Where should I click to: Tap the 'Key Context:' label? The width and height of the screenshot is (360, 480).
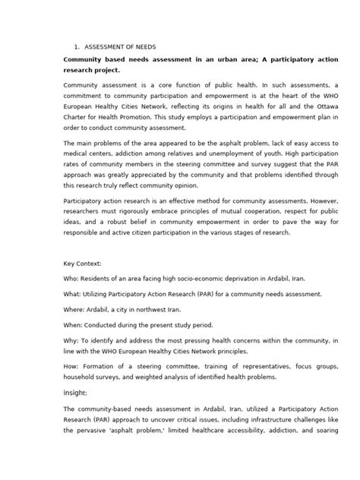[84, 264]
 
